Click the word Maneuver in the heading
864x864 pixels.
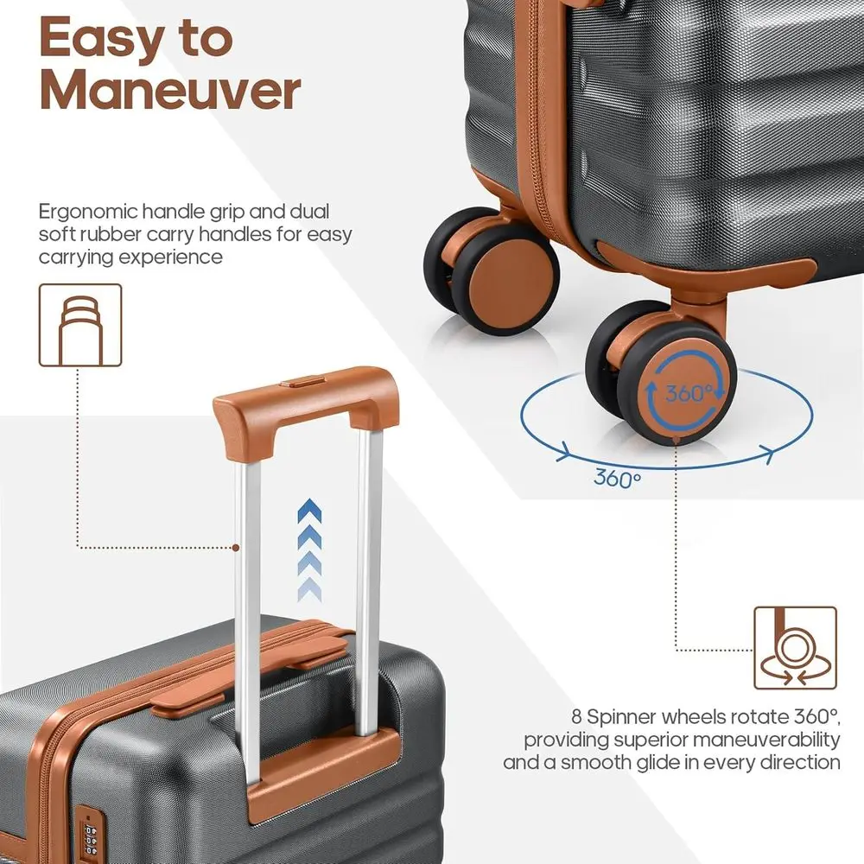(170, 91)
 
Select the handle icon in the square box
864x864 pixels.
(80, 325)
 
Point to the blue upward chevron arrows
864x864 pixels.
(309, 553)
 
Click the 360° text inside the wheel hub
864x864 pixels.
(689, 393)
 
